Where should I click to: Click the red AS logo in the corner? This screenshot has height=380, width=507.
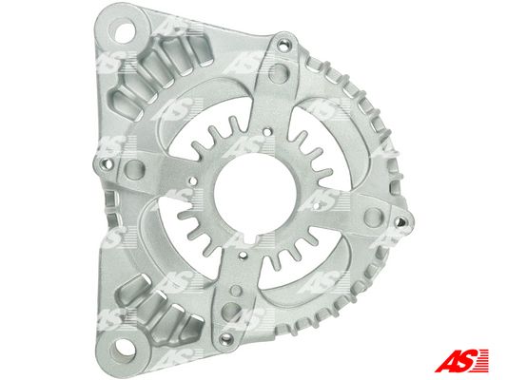(461, 360)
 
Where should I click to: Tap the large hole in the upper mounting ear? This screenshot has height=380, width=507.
(125, 31)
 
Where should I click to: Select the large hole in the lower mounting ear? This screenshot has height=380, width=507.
(123, 350)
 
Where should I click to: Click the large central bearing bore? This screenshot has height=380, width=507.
(255, 194)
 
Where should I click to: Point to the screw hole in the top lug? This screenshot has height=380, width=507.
(283, 45)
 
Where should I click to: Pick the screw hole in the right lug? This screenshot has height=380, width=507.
(400, 221)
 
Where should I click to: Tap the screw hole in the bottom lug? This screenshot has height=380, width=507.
(225, 338)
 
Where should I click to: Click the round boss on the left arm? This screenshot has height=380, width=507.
(134, 169)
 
